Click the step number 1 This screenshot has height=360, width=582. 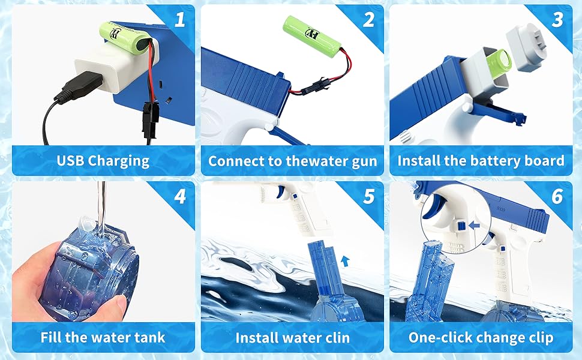(x=179, y=20)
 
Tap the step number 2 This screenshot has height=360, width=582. (x=368, y=20)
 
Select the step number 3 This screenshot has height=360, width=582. (x=557, y=20)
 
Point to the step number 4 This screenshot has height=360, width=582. (x=179, y=197)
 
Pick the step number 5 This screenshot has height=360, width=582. (x=368, y=197)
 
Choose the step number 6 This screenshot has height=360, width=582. (x=557, y=197)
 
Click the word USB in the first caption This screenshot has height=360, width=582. (x=70, y=161)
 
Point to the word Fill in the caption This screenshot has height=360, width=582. (x=52, y=337)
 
